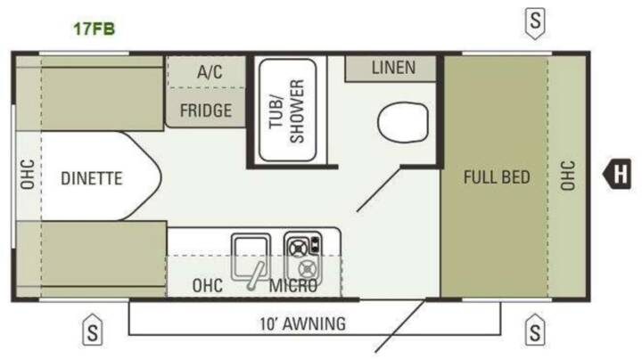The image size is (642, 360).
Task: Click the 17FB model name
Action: (x=95, y=29)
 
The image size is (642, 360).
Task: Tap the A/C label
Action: (x=210, y=72)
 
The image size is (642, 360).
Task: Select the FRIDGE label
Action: (x=206, y=110)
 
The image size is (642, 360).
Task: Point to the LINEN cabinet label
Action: (x=393, y=68)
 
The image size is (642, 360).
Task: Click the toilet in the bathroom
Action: (x=403, y=122)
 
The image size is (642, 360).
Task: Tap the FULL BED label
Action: (x=497, y=177)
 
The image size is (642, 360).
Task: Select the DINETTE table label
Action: (x=91, y=178)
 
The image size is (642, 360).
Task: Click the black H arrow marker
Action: (x=617, y=174)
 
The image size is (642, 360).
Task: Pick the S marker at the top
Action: (x=535, y=23)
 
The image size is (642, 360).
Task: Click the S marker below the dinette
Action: (x=93, y=330)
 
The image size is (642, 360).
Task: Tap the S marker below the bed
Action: (x=535, y=330)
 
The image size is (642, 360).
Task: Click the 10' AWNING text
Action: (x=303, y=324)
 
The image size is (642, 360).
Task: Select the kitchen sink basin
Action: (x=251, y=256)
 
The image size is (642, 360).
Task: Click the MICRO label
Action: (x=293, y=286)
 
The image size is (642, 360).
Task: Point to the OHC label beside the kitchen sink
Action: (x=208, y=286)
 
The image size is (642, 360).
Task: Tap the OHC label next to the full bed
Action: (x=567, y=176)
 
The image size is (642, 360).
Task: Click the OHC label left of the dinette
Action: (x=28, y=175)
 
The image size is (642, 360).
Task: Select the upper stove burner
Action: (x=298, y=248)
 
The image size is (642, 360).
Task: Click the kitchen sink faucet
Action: (x=255, y=276)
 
